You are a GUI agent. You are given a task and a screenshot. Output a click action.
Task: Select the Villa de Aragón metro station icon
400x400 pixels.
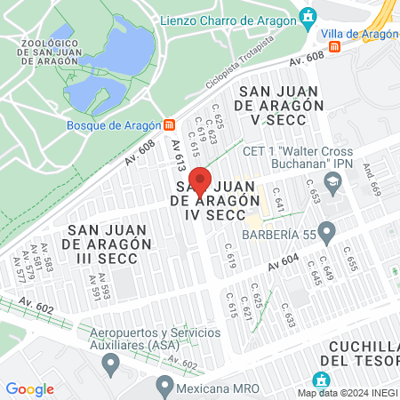click(334, 47)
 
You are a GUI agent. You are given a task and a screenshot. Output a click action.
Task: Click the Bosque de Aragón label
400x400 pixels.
click(114, 124)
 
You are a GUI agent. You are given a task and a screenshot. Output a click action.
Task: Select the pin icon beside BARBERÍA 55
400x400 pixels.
click(327, 233)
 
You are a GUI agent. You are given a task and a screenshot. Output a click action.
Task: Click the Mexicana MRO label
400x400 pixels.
click(214, 386)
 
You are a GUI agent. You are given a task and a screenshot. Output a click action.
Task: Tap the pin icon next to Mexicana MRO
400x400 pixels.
click(164, 385)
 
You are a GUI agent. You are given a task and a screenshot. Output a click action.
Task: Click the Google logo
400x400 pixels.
click(29, 389)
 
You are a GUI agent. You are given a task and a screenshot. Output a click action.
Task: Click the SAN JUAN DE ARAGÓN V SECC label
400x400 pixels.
click(279, 104)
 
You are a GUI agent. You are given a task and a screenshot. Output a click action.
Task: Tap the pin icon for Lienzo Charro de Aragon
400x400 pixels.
click(308, 15)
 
